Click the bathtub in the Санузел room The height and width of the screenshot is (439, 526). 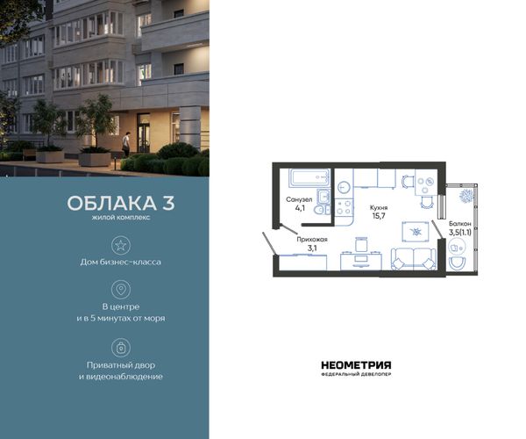(309, 177)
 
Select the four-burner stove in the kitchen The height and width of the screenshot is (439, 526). (344, 207)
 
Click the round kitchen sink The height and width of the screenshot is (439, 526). (344, 187)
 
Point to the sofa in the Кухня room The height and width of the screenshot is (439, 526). (414, 259)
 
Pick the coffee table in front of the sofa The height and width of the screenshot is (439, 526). (416, 232)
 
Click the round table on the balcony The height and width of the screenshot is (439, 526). (456, 248)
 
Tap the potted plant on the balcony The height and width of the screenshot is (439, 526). (466, 196)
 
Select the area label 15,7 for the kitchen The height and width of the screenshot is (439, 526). (379, 216)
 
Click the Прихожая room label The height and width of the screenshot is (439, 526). (311, 240)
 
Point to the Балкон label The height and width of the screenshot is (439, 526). (460, 223)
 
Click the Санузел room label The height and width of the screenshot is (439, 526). (299, 199)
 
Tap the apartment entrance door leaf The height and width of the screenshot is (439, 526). (269, 243)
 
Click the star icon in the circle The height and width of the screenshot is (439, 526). (121, 245)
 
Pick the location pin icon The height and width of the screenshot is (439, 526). (121, 289)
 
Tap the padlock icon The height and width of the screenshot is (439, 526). (121, 348)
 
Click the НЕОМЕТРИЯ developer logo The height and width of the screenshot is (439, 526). (356, 368)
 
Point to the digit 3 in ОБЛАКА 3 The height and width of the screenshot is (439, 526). (168, 203)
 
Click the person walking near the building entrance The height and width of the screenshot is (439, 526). (125, 144)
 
